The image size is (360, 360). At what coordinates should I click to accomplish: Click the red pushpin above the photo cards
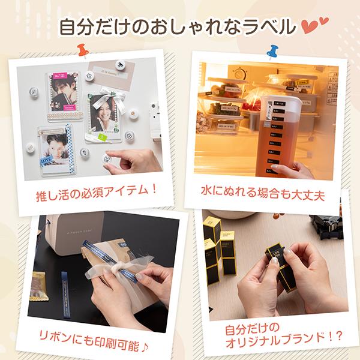coord(83,50)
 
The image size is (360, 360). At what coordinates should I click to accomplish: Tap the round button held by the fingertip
coord(107,158)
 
